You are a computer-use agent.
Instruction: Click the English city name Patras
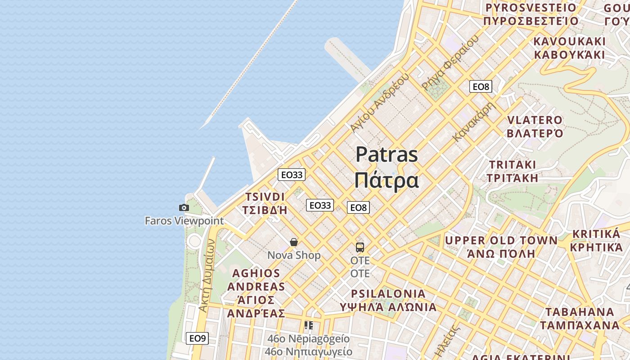tap(387, 155)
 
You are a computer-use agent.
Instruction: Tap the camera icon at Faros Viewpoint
tap(184, 207)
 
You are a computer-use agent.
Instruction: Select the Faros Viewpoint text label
tap(184, 221)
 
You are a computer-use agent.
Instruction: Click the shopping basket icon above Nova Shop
tap(294, 243)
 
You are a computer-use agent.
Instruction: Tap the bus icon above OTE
tap(360, 247)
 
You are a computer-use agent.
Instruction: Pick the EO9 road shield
tap(197, 338)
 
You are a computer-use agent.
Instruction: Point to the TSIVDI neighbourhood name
tap(265, 197)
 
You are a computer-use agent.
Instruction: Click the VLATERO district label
tap(535, 121)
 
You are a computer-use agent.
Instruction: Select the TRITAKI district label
tap(513, 165)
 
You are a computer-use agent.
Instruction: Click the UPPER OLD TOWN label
tap(501, 240)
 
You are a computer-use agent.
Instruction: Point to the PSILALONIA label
tap(388, 294)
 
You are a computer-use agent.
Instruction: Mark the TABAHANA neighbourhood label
tap(580, 312)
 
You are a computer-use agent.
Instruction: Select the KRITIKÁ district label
tap(596, 234)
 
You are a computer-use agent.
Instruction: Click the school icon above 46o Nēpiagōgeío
tap(308, 325)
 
